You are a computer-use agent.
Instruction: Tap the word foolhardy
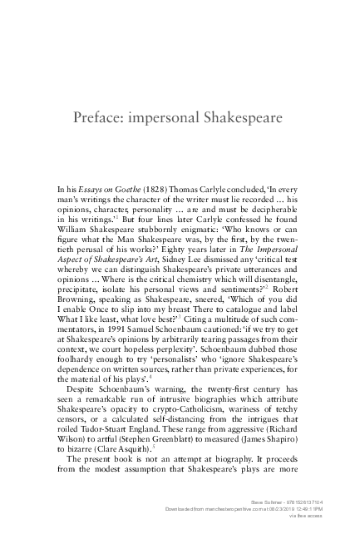[x=72, y=363]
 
